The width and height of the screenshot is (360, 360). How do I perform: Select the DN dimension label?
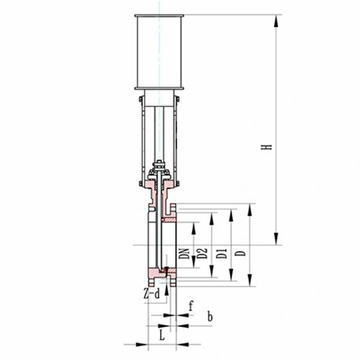tap(184, 254)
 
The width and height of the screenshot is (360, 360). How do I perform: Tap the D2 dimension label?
tap(202, 253)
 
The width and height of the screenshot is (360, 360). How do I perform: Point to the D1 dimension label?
tap(222, 253)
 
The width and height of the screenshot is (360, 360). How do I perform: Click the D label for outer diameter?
tap(241, 253)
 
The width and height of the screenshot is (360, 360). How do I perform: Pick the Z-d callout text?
tap(151, 294)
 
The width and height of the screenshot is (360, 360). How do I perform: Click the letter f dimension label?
tap(191, 306)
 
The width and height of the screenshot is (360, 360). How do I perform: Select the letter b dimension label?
tap(210, 317)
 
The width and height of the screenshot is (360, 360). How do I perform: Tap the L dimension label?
tap(162, 336)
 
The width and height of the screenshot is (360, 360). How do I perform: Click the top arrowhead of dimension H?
tap(276, 21)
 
